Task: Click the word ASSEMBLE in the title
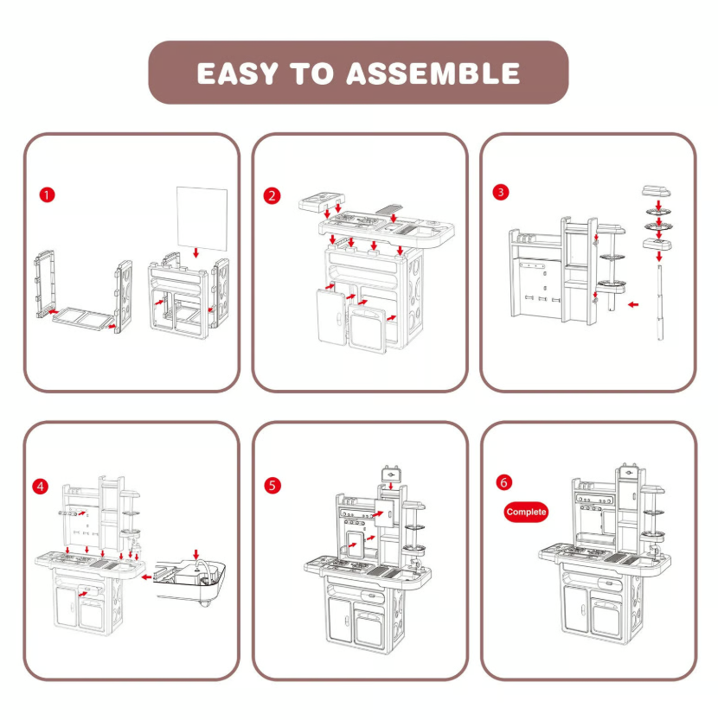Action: [x=433, y=73]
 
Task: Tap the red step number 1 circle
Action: [x=48, y=194]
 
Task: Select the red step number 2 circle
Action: [x=273, y=195]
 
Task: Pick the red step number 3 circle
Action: [x=500, y=192]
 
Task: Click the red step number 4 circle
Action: [x=42, y=486]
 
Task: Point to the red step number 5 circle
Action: [x=273, y=486]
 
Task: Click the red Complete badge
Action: [x=526, y=512]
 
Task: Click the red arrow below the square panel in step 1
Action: [x=197, y=252]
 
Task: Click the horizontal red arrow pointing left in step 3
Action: [x=632, y=303]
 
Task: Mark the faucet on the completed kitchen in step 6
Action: [x=655, y=546]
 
